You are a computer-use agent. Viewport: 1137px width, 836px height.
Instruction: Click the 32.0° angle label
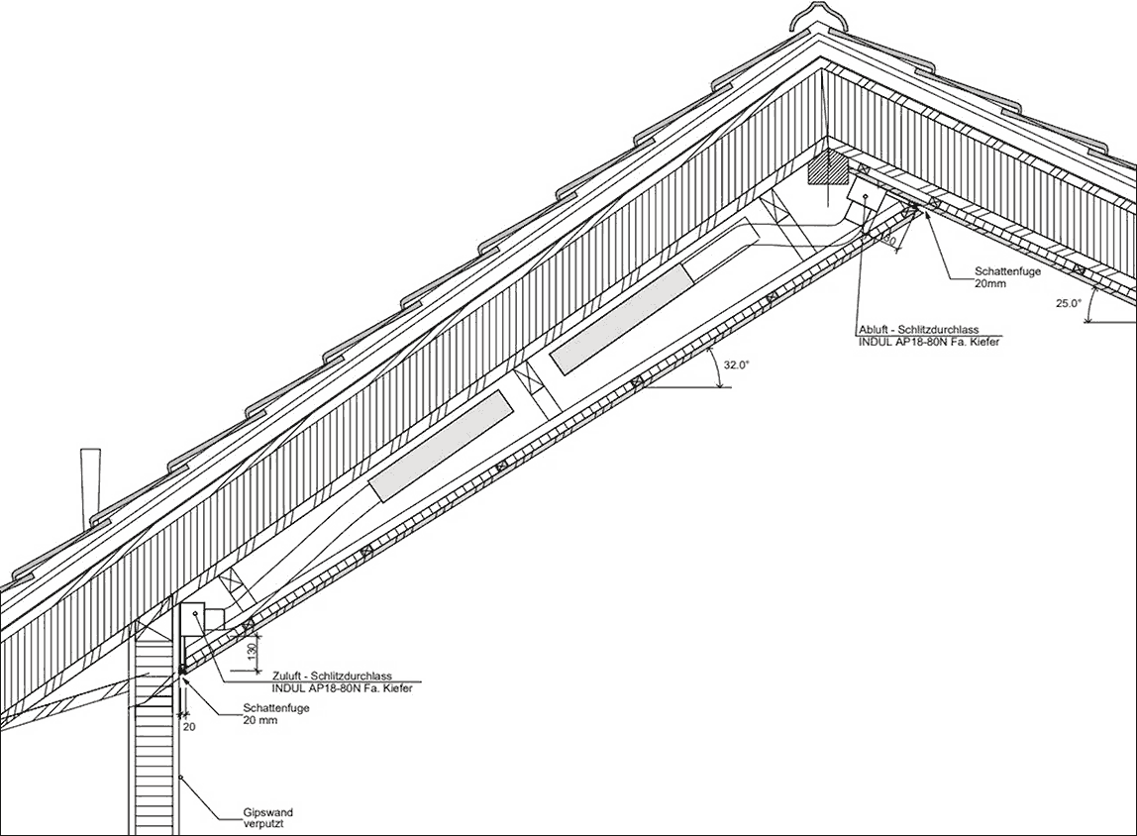(735, 365)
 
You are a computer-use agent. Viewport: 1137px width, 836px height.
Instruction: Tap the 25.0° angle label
(1068, 304)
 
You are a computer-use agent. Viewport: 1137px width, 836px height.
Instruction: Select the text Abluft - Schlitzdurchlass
(919, 330)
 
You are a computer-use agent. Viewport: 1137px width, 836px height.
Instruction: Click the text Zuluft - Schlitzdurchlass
(332, 677)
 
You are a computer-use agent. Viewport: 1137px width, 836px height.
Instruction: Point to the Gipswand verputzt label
(268, 818)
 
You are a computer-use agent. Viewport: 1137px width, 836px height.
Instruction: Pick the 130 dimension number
(252, 651)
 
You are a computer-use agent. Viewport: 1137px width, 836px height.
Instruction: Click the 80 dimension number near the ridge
(889, 240)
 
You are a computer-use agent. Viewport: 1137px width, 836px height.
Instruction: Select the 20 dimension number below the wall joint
(189, 726)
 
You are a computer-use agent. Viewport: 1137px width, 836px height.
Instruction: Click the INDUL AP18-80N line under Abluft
(929, 341)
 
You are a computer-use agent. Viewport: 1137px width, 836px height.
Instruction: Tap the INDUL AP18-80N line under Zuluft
(343, 687)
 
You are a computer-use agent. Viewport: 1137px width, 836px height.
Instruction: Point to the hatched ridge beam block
(827, 168)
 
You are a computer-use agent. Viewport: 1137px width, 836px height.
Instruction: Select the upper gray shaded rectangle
(619, 319)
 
